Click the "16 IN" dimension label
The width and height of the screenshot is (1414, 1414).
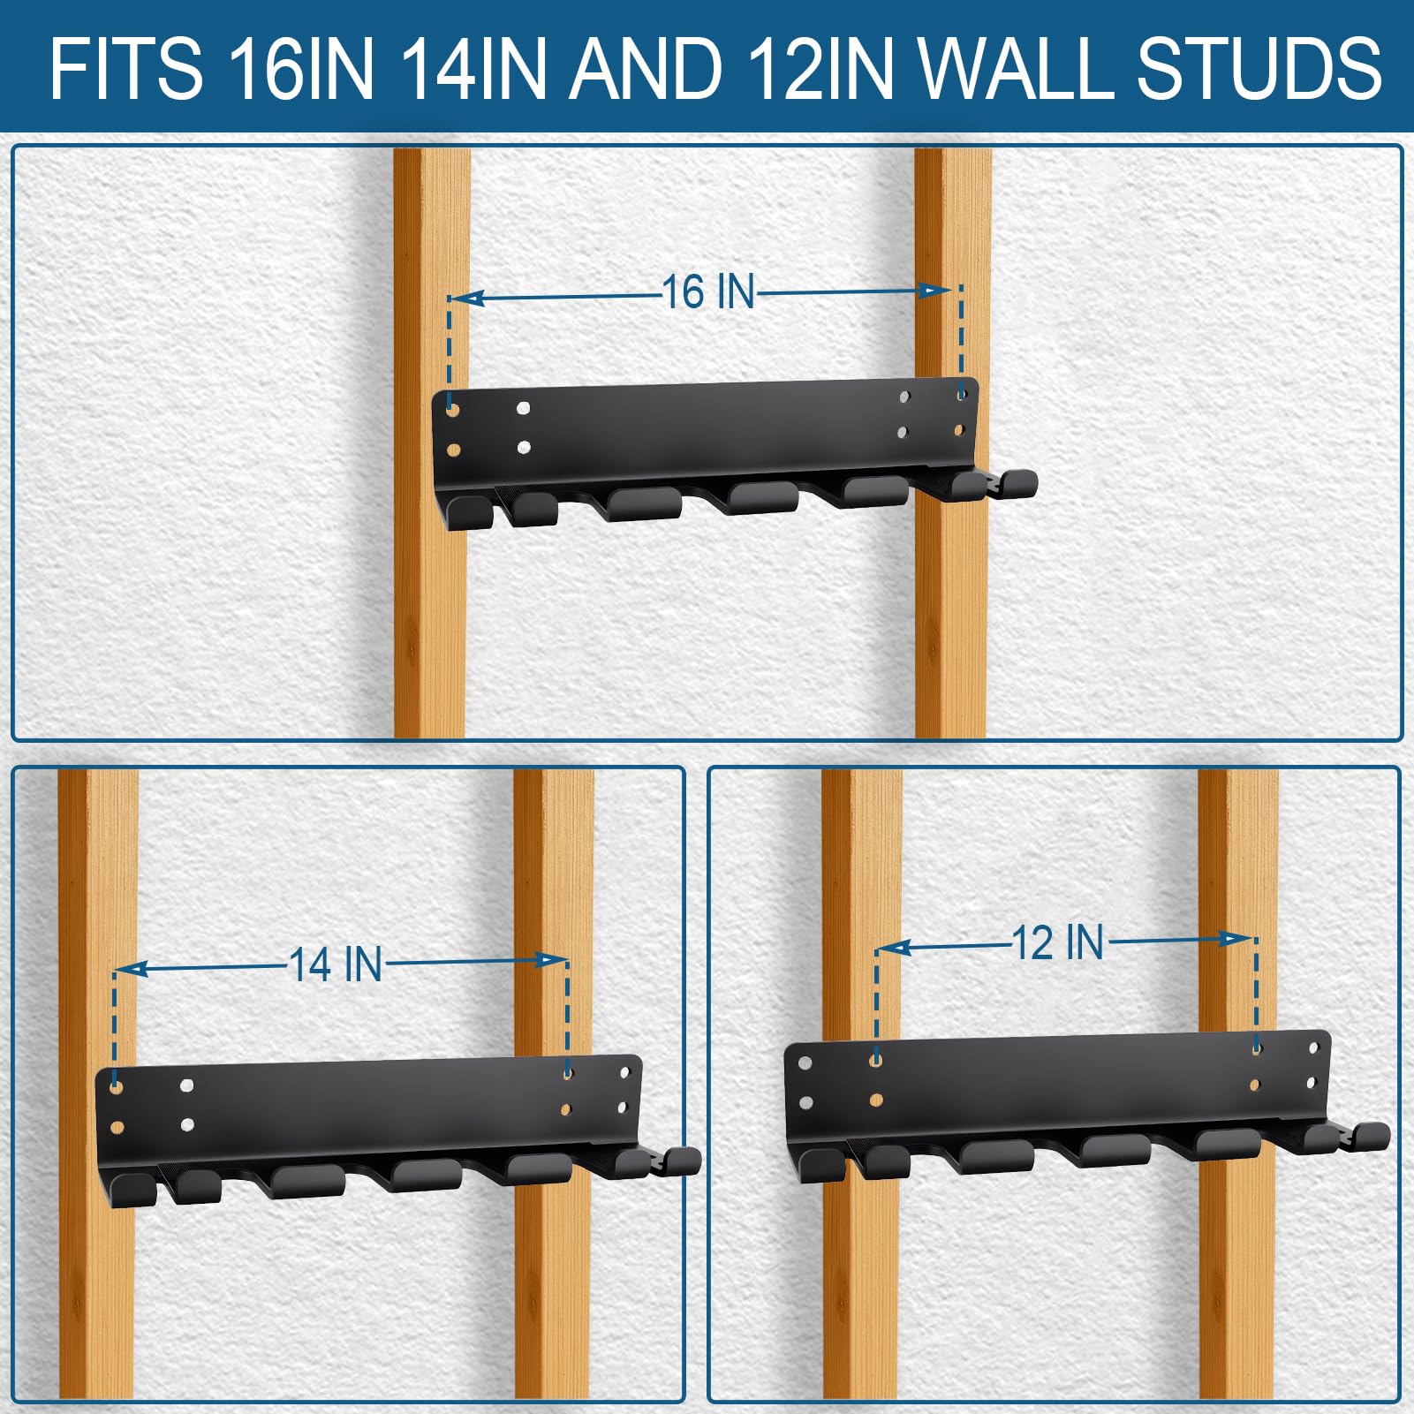(x=708, y=291)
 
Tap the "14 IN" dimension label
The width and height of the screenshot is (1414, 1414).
(x=336, y=964)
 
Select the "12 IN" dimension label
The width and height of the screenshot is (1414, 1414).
(x=1058, y=942)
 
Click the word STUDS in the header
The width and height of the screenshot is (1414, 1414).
(x=1259, y=68)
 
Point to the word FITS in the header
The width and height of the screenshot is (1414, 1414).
(x=125, y=68)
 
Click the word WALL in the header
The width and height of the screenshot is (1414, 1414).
(x=1018, y=68)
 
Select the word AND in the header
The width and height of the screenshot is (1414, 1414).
(x=645, y=68)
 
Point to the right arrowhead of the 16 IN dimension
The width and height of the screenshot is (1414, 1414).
(x=935, y=291)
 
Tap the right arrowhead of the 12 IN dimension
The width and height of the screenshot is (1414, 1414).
(x=1236, y=938)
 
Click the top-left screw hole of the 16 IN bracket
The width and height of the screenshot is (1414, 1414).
(x=453, y=411)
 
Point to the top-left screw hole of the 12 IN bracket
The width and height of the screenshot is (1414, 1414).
(x=805, y=1063)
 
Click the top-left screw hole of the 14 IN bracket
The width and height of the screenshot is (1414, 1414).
(x=117, y=1087)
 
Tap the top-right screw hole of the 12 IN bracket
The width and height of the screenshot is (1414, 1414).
(x=1314, y=1047)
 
